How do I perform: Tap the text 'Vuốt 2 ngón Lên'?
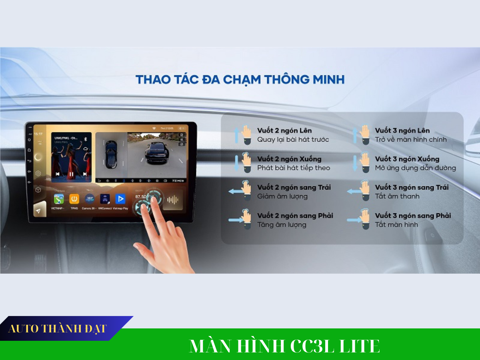(284, 130)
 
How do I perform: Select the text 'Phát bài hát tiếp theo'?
(294, 168)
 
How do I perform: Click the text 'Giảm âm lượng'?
(282, 196)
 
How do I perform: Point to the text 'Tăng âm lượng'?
(282, 225)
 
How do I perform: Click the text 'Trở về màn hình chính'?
(411, 140)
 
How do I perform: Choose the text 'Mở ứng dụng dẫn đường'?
(415, 168)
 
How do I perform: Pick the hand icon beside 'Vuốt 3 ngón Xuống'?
(364, 162)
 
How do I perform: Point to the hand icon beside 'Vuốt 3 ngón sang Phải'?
(364, 218)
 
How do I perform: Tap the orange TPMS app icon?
(74, 199)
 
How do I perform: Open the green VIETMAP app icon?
(59, 199)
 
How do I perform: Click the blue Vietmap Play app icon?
(120, 199)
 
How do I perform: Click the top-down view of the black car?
(110, 154)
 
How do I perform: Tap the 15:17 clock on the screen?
(38, 134)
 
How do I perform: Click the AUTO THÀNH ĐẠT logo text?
(58, 329)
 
